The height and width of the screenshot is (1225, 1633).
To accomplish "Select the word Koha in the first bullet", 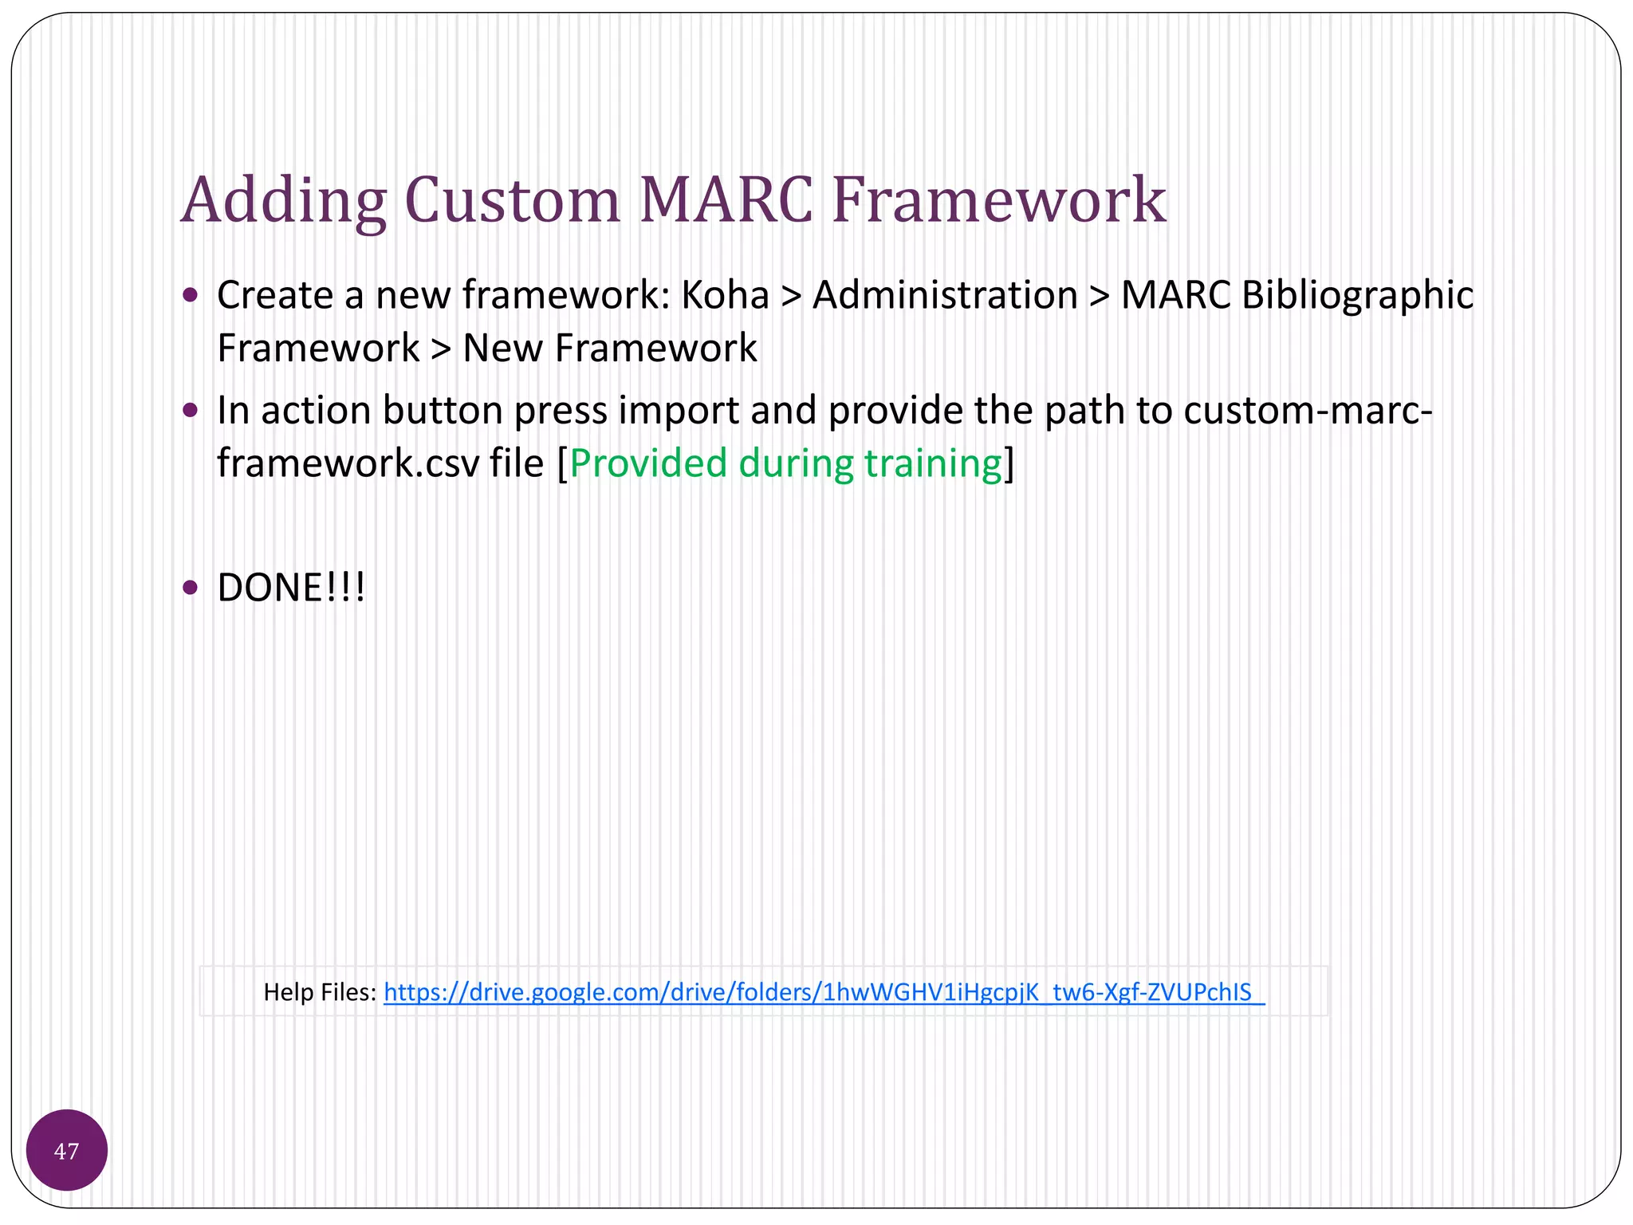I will point(725,295).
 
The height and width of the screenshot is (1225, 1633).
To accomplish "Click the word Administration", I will point(945,295).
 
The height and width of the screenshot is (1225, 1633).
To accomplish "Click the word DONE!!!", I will point(291,589).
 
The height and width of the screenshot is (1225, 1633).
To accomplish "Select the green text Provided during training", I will point(785,463).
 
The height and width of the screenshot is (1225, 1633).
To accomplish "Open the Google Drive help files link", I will point(824,992).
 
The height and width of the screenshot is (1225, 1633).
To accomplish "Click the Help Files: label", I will point(320,992).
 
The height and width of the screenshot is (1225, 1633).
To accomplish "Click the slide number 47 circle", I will point(67,1150).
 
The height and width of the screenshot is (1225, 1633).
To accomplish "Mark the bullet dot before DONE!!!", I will point(190,588).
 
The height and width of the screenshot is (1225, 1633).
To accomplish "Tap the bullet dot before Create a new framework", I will point(190,296).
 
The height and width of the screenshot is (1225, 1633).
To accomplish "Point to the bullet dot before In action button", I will point(190,411).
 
